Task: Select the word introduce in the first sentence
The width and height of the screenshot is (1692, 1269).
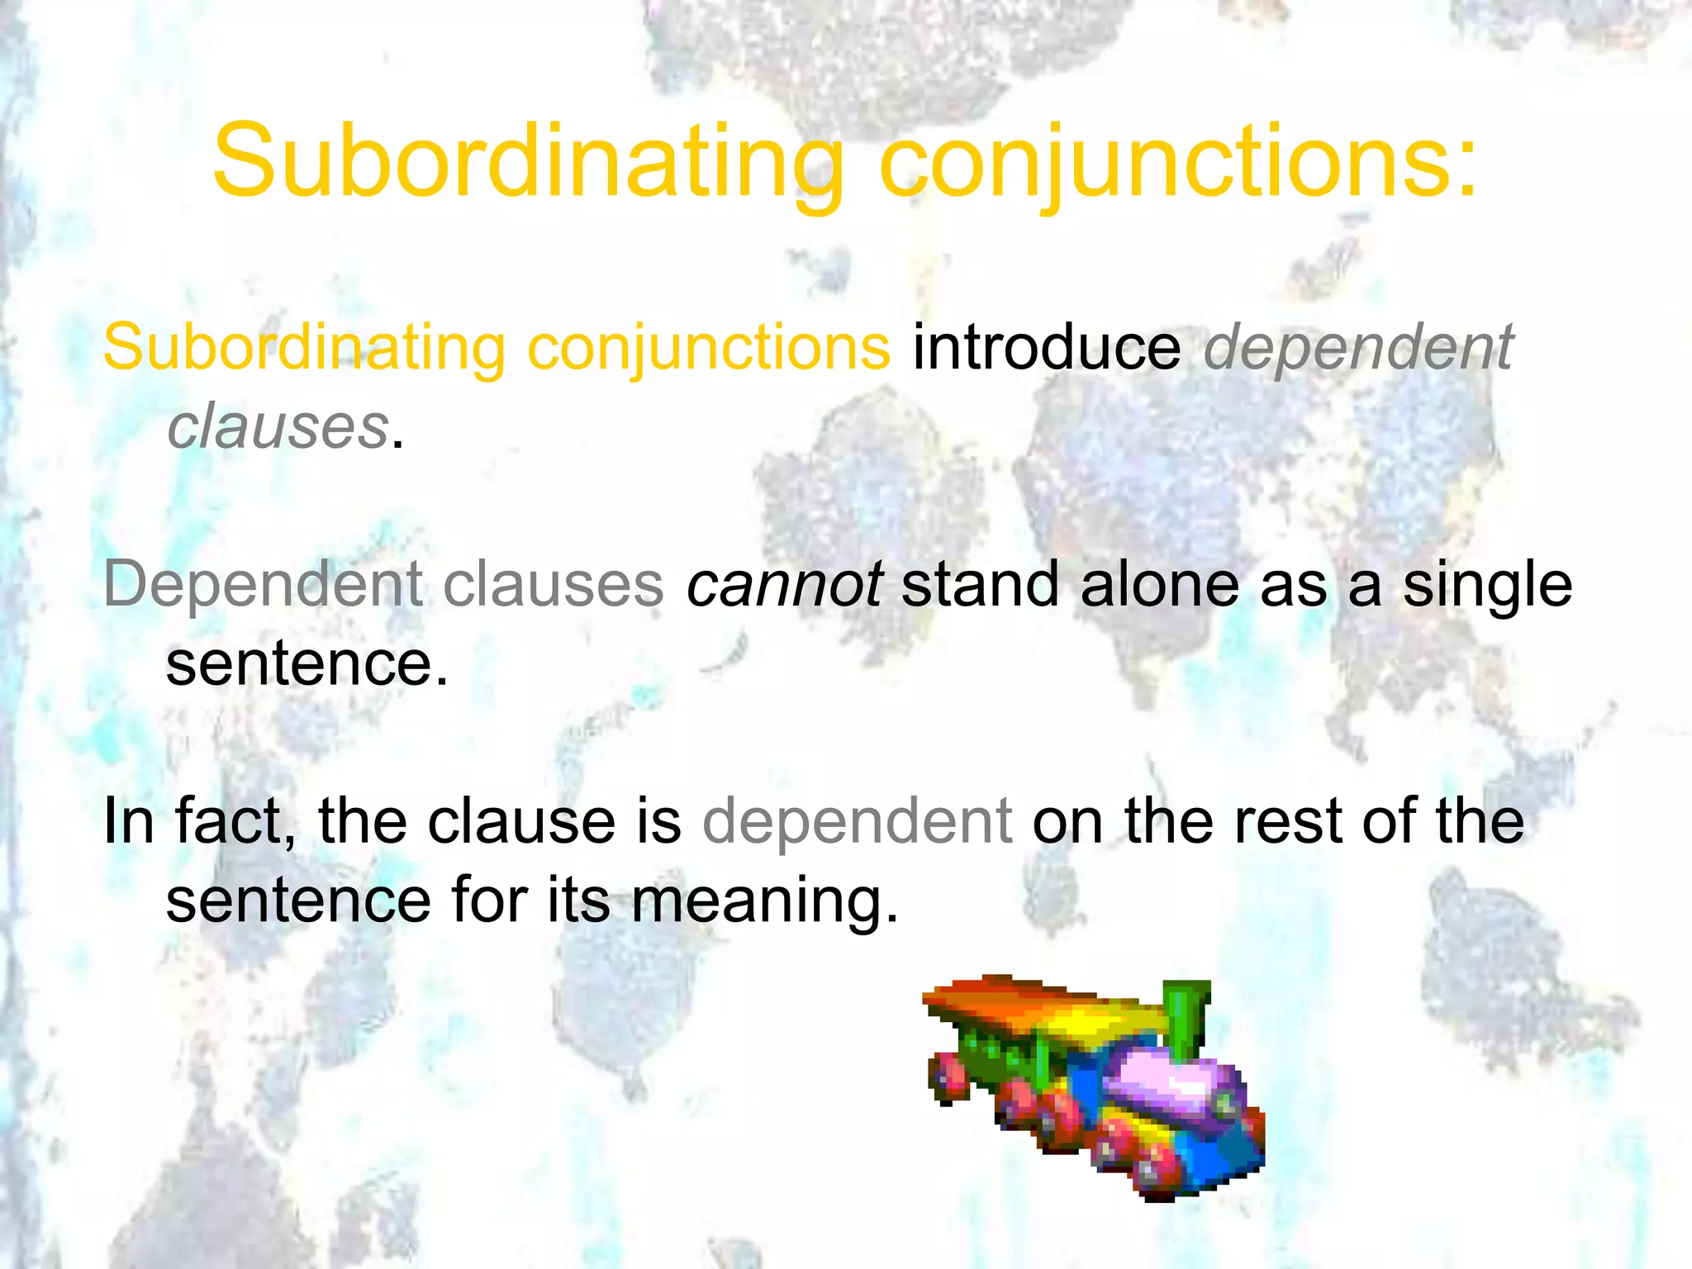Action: click(x=1047, y=348)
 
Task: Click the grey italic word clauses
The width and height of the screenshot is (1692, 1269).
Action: click(x=278, y=426)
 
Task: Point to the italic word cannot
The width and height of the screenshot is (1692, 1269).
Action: click(x=784, y=584)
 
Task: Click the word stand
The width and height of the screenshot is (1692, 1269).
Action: click(x=980, y=584)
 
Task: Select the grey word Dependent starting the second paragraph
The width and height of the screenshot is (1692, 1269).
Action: click(x=263, y=584)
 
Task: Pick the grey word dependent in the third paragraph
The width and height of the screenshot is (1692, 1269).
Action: click(x=857, y=824)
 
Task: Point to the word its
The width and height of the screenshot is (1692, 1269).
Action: click(x=578, y=901)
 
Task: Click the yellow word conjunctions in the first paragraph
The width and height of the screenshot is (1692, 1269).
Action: click(x=709, y=348)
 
